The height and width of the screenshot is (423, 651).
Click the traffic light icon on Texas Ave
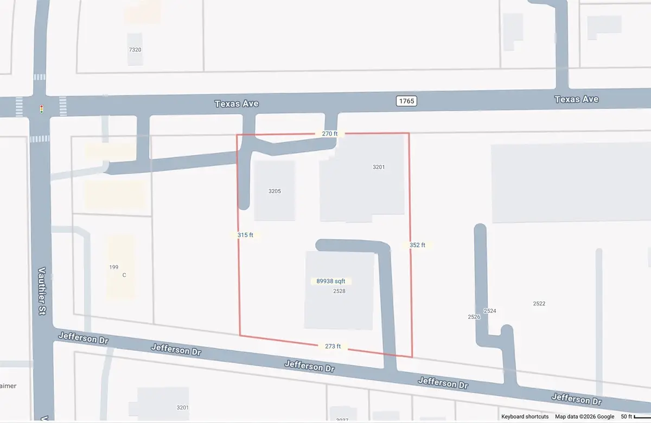click(x=41, y=108)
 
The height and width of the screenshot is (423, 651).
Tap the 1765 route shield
click(x=406, y=101)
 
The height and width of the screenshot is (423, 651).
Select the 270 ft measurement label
click(x=330, y=133)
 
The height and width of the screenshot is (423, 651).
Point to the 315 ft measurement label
click(x=245, y=235)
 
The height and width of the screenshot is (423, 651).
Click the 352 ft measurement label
click(x=417, y=245)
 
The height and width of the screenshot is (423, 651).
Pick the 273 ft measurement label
click(x=332, y=347)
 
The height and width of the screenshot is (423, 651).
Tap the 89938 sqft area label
click(x=331, y=281)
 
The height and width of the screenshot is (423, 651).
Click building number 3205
click(x=275, y=191)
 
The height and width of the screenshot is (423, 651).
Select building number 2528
click(x=339, y=291)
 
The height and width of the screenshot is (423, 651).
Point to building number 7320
click(x=135, y=50)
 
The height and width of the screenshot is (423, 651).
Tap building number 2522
click(x=539, y=304)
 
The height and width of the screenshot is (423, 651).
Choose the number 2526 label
click(x=474, y=317)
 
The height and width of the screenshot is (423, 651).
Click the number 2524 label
click(x=490, y=311)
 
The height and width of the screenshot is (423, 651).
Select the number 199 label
click(x=114, y=267)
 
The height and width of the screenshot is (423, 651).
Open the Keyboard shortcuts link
click(x=525, y=416)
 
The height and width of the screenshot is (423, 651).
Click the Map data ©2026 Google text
click(x=584, y=416)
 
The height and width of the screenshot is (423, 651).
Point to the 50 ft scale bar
click(x=635, y=416)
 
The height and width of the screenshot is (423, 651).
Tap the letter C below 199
click(x=124, y=275)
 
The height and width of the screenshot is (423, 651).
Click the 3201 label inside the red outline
click(x=379, y=167)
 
